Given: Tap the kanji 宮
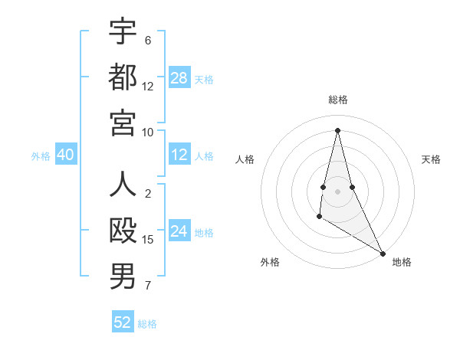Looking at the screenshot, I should coord(123,123).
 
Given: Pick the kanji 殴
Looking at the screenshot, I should coord(123,231).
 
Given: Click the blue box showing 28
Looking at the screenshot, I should coord(179,77).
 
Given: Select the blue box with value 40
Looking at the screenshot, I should coord(65,155).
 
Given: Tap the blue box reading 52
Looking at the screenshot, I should coord(123,322).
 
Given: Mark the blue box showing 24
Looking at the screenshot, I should coord(179,231).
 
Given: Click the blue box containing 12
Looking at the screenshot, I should coord(179,155).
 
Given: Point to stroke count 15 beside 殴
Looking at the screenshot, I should coord(148,240).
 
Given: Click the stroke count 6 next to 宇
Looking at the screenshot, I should coord(148,40).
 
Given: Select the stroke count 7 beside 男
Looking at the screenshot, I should coord(148,286).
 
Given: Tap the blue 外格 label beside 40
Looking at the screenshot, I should coord(41,155).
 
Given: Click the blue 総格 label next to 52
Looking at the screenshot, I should coord(147,324).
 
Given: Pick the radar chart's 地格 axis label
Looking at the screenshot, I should coord(402,262).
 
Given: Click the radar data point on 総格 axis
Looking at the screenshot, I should coord(337,129).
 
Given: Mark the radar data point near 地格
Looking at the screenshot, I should coord(383,254).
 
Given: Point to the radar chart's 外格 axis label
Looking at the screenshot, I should coord(270,262).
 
